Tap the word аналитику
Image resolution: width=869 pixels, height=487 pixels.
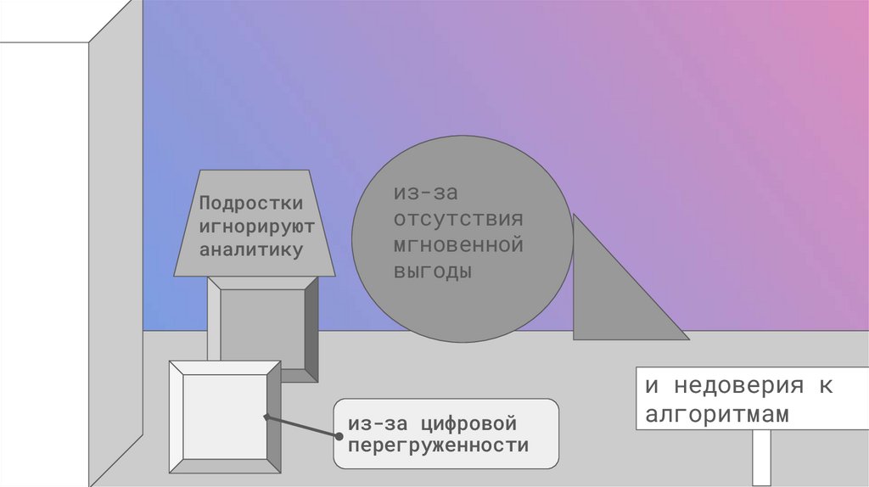pyautogui.click(x=250, y=250)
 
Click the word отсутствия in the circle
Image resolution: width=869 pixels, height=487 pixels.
pyautogui.click(x=457, y=220)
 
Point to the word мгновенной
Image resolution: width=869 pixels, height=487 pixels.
pyautogui.click(x=457, y=246)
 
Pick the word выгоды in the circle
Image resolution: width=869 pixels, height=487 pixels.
pyautogui.click(x=431, y=272)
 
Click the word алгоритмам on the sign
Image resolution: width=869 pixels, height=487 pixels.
pyautogui.click(x=717, y=415)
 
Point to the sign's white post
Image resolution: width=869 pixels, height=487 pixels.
pyautogui.click(x=761, y=458)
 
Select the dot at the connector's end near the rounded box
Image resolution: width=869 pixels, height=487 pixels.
pyautogui.click(x=339, y=436)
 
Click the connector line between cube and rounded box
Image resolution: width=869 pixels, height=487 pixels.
pyautogui.click(x=302, y=427)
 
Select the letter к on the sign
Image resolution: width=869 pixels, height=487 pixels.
pyautogui.click(x=826, y=386)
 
